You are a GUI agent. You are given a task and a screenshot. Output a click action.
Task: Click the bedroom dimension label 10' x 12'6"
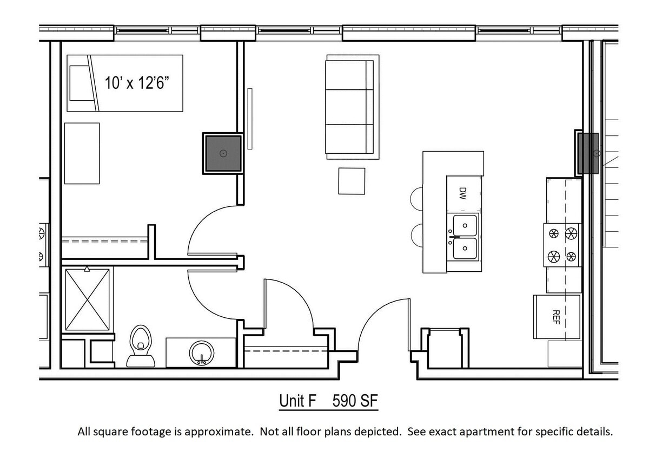pos(137,83)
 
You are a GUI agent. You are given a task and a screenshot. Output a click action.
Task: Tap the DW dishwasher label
pos(462,194)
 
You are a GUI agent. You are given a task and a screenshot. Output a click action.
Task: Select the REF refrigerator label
pos(555,317)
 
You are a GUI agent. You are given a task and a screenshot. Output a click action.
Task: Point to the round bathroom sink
pos(201,352)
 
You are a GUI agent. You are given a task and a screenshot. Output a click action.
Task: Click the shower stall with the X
pos(87,299)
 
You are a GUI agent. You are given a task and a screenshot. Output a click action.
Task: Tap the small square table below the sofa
pos(352,181)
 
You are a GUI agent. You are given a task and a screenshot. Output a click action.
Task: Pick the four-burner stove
pos(562,245)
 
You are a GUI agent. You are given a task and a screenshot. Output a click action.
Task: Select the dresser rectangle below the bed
pos(82,153)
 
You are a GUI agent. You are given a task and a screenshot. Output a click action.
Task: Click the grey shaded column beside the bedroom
pos(222,154)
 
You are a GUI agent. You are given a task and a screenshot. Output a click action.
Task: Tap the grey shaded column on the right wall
pos(588,153)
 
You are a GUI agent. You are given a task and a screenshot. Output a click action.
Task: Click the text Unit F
pos(297,401)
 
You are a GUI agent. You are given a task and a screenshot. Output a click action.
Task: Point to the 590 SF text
pos(355,401)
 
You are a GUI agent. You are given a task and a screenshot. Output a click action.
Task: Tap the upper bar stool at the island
pos(417,199)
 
